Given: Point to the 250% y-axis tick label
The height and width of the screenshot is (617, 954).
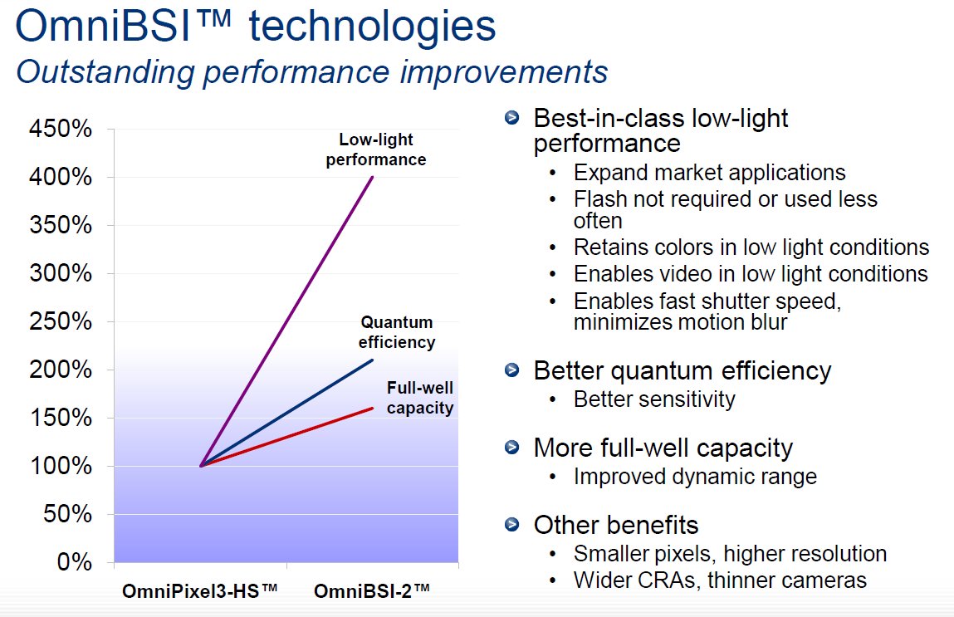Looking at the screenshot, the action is pos(61,321).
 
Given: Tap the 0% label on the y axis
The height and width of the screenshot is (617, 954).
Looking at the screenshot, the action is pos(74,561).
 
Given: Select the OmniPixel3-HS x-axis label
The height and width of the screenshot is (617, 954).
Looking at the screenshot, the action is pos(199,590).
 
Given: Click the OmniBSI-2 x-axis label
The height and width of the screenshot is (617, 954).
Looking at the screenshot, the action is pos(372,590).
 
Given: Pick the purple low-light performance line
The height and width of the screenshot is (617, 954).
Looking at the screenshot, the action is pos(286,321).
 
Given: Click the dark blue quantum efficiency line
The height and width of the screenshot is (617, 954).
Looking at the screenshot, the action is pos(286,414).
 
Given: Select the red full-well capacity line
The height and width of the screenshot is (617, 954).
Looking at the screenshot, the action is pos(286,437).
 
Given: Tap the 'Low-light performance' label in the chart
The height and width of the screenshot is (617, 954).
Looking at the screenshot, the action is pos(376,149).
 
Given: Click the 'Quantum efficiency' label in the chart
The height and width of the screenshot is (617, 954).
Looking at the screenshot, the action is pos(397,332).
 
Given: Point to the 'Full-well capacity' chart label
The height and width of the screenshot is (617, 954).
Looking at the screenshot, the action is pos(420,398).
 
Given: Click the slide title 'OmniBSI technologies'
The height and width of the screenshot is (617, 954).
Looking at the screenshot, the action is pos(256,26).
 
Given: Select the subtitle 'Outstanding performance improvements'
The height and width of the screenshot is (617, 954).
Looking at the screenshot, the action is pos(312,71).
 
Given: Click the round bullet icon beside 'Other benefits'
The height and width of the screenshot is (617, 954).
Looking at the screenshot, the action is pos(512,524).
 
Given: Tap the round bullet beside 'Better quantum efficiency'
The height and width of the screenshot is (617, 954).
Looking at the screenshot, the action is pos(512,370).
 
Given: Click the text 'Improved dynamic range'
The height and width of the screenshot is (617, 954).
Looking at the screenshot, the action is pos(695,477).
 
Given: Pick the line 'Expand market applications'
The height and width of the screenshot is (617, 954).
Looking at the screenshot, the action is pos(709,173).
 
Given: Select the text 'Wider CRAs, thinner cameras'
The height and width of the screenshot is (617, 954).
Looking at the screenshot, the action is pos(720,580).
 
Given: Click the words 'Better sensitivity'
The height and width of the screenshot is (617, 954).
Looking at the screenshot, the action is pos(654,399).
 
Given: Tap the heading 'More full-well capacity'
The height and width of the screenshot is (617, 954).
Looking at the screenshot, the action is pos(663,448).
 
